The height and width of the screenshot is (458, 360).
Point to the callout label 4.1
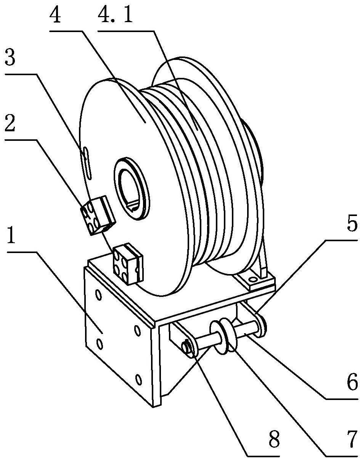point(115,14)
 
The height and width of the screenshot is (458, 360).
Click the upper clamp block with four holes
point(98,215)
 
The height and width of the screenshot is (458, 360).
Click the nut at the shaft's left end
point(187,348)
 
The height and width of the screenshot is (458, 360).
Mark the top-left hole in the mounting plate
point(98,295)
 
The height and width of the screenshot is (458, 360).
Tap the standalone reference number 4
point(55,14)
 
